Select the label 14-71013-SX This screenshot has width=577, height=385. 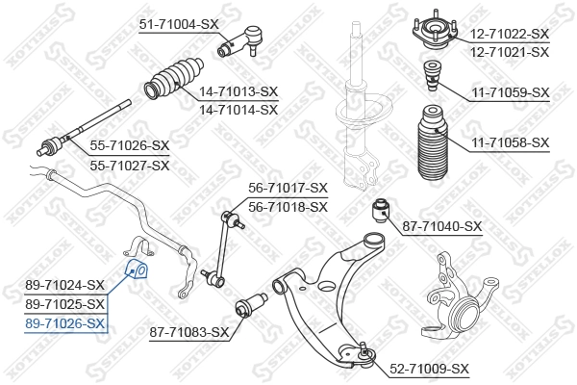[x=238, y=92]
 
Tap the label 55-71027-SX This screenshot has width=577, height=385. [x=129, y=166]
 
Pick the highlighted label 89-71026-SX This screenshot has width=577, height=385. [x=65, y=323]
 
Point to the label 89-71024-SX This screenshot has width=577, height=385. [x=65, y=285]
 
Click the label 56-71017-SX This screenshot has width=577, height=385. [x=288, y=189]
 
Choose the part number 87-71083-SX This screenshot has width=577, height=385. [x=189, y=333]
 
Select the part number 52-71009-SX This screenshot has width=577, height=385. [x=429, y=369]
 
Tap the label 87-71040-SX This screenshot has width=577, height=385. [x=440, y=227]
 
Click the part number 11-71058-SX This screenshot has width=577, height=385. [x=510, y=142]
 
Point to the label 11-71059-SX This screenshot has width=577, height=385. [x=510, y=93]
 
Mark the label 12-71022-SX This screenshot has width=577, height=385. [x=510, y=34]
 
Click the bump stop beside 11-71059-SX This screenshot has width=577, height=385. [x=432, y=77]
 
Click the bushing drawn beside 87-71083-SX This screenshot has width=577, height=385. [x=251, y=308]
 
